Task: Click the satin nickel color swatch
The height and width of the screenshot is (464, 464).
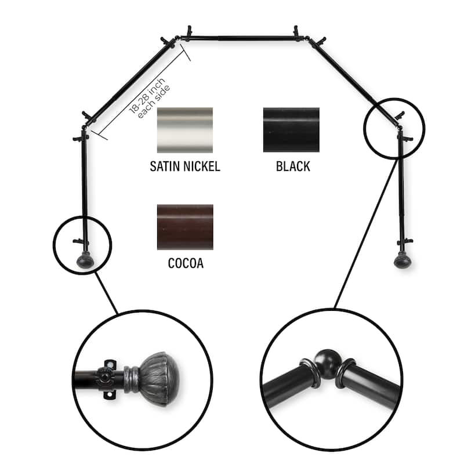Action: coord(185,130)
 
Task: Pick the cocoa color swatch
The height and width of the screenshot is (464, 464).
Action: coord(185,227)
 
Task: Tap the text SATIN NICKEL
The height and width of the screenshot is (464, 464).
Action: coord(185,167)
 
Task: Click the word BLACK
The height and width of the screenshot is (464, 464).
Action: coord(293,167)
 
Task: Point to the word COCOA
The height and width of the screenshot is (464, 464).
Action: coord(185,264)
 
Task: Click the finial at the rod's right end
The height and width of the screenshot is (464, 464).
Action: coord(401,260)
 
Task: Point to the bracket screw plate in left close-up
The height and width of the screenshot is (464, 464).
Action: coord(106,380)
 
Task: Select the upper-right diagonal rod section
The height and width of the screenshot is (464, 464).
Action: coord(354,75)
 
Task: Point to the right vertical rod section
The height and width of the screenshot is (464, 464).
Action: coord(400,186)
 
